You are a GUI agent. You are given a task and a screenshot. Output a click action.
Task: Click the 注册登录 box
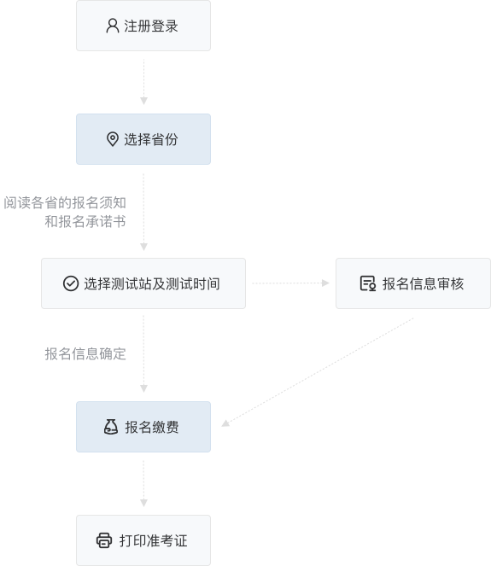click(143, 26)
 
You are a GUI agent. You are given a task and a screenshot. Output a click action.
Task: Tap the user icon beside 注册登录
click(113, 26)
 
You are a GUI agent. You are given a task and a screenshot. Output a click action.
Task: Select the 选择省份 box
click(143, 139)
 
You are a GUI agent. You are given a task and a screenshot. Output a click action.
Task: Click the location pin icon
click(113, 139)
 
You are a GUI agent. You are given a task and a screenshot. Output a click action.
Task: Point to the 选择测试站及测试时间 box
click(143, 283)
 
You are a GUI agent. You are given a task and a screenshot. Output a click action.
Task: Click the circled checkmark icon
click(71, 283)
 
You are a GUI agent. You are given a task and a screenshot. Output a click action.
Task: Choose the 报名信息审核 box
click(413, 283)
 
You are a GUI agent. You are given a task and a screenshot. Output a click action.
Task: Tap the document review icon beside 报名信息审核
click(368, 283)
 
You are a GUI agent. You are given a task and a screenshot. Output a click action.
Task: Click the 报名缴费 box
click(143, 427)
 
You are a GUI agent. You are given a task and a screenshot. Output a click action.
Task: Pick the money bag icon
click(111, 427)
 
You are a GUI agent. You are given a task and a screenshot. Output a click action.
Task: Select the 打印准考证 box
click(143, 540)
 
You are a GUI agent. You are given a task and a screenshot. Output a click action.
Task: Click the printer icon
click(104, 540)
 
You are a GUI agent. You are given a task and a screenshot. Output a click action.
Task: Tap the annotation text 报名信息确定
click(85, 354)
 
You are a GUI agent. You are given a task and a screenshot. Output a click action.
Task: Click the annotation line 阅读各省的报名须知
click(65, 203)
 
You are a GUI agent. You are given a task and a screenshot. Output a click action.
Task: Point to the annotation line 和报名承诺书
click(85, 222)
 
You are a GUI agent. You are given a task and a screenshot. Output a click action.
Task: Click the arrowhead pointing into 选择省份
click(143, 101)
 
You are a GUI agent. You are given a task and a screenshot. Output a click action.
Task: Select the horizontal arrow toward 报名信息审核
click(290, 283)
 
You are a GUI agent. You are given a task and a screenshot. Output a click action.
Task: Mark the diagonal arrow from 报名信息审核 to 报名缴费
click(318, 372)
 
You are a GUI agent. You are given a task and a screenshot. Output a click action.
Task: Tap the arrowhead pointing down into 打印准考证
click(143, 503)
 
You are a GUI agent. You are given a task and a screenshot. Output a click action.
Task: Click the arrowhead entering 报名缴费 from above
click(143, 388)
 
